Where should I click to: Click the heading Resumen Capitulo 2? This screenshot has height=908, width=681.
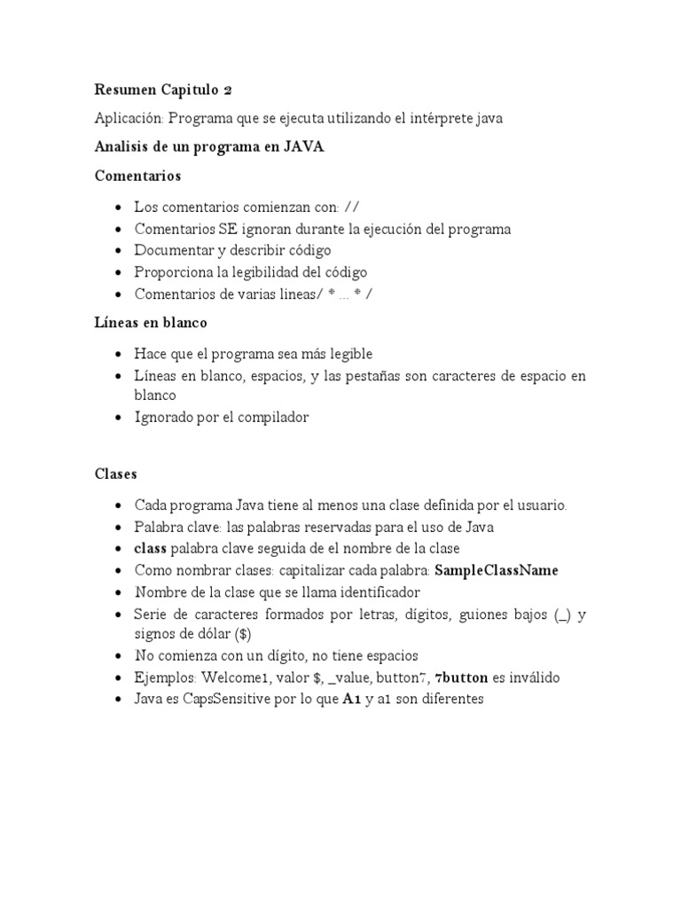(x=163, y=90)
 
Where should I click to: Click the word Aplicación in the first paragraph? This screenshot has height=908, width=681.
(x=129, y=118)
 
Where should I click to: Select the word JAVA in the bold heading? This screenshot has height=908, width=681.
(x=303, y=147)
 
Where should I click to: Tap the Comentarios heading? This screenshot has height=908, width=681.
(x=137, y=176)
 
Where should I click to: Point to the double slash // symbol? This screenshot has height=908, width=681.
(x=352, y=207)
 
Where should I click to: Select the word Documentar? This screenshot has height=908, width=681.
(x=173, y=250)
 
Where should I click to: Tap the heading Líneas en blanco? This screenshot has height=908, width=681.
(x=151, y=323)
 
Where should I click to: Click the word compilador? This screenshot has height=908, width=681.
(x=270, y=417)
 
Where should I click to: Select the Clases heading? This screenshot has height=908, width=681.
(x=116, y=474)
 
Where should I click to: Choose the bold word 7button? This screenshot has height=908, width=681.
(x=461, y=677)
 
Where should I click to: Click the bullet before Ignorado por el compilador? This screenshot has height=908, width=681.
(x=119, y=418)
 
